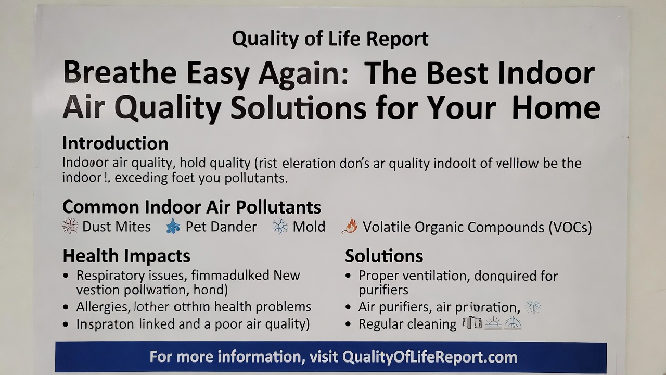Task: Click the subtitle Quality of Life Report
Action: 330,39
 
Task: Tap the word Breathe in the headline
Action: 119,73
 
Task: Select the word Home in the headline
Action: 556,108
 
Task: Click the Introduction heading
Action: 115,143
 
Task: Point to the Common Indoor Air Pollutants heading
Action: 191,207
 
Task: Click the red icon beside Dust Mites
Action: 70,227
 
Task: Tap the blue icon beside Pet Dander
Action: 173,227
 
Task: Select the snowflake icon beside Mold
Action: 280,227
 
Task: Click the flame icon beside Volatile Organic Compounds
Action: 350,227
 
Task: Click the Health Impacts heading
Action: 126,256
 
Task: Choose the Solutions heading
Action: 383,256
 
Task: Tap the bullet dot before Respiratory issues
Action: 66,276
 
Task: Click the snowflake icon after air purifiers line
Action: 533,306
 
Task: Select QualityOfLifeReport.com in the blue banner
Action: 429,357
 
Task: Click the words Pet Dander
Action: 221,227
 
